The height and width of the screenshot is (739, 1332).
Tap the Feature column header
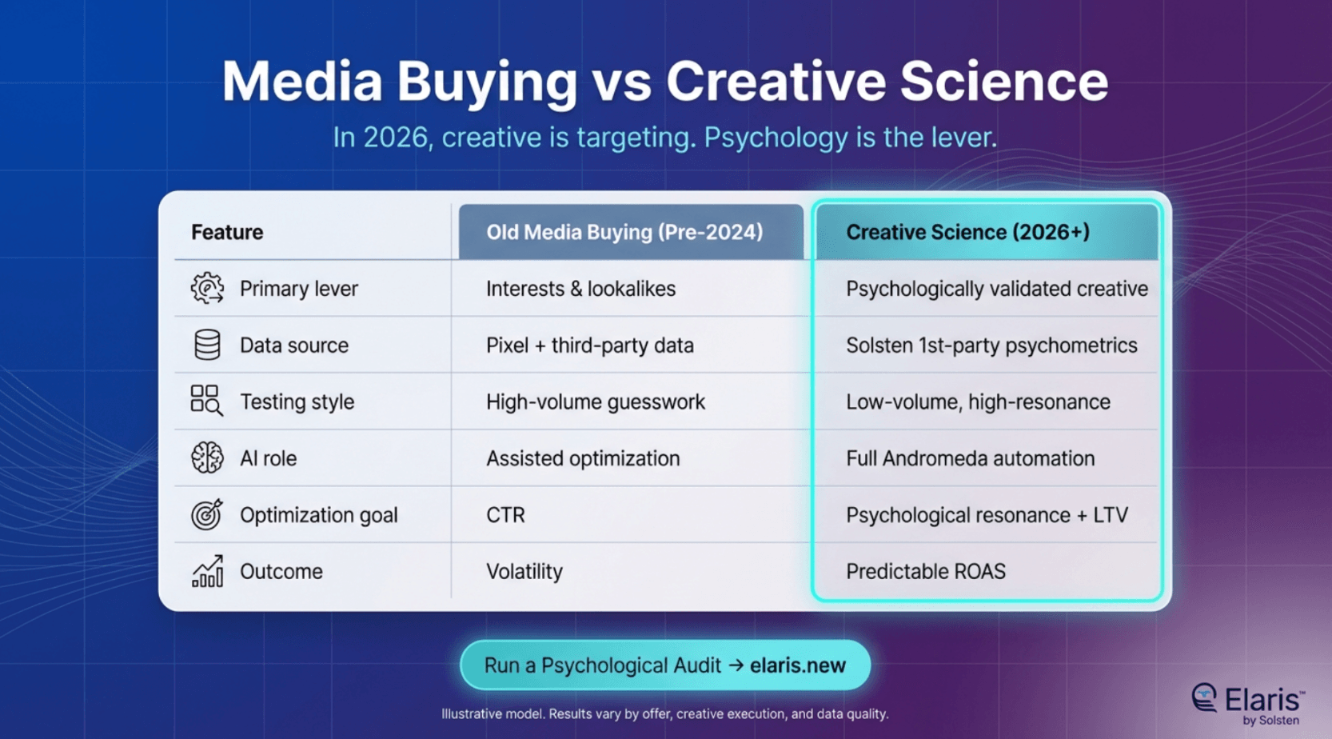coord(227,232)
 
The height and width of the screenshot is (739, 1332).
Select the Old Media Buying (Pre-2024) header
coord(624,232)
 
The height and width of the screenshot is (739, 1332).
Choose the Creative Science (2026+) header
coord(967,232)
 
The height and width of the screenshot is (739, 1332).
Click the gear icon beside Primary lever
coord(207,289)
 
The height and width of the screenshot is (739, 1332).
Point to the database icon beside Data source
coord(207,345)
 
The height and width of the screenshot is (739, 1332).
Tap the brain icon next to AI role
coord(207,457)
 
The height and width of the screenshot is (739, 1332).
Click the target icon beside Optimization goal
coord(207,514)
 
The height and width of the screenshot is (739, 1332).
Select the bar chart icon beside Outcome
coord(208,571)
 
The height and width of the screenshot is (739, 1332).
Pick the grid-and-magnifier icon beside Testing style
coord(207,401)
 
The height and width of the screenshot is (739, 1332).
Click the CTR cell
coord(505,515)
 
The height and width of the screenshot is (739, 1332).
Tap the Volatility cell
coord(524,571)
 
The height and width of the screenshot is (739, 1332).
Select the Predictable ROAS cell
coord(926,571)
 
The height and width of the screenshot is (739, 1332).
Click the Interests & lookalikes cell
coord(581,289)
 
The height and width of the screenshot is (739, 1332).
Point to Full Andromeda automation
coord(971,458)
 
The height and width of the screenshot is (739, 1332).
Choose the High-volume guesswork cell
coord(596,401)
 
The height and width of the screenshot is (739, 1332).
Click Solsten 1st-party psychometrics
coord(992,345)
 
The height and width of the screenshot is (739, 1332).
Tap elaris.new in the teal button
coord(797,665)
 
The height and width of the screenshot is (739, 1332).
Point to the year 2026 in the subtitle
coord(395,138)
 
